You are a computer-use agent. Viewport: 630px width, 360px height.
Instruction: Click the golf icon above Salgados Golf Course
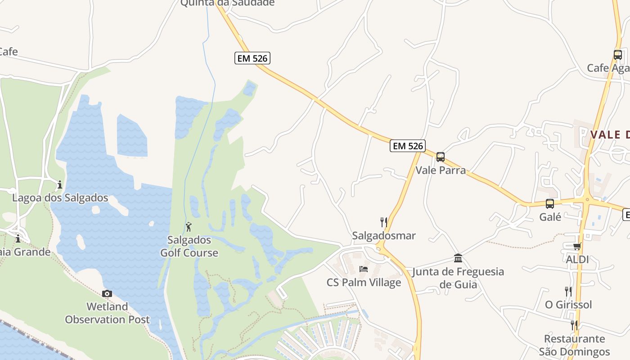pos(189,227)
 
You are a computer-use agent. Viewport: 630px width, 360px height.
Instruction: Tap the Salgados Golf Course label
pos(189,247)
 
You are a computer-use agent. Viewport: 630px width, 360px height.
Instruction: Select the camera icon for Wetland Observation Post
pos(107,294)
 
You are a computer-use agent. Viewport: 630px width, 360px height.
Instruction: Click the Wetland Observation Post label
pos(107,313)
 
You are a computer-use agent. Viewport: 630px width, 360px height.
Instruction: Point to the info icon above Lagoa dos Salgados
pos(59,184)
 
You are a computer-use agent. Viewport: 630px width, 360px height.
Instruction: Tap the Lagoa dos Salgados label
pos(60,198)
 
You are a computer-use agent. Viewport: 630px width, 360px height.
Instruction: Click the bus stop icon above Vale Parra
pos(440,157)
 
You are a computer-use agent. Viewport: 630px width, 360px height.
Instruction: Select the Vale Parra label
pos(440,170)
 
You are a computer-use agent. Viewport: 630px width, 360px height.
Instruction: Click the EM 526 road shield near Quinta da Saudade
pos(252,58)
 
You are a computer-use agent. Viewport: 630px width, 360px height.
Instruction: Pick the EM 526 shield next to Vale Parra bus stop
pos(407,146)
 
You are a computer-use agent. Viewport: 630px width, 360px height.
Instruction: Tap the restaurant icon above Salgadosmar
pos(383,222)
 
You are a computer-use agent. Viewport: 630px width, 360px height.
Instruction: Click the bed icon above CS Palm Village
pos(364,269)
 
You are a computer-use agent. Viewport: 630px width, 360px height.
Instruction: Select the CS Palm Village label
pos(364,283)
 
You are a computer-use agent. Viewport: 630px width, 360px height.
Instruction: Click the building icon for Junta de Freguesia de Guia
pos(458,258)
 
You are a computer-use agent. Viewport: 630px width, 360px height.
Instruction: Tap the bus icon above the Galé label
pos(550,203)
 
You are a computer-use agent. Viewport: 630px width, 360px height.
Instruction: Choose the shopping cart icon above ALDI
pos(577,246)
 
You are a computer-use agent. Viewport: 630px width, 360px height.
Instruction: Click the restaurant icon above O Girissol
pos(568,291)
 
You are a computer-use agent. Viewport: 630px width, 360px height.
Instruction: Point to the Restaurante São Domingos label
pos(574,345)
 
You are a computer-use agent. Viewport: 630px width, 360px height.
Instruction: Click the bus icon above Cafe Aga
pos(617,55)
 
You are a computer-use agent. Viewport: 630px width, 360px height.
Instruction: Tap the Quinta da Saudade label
pos(227,3)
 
